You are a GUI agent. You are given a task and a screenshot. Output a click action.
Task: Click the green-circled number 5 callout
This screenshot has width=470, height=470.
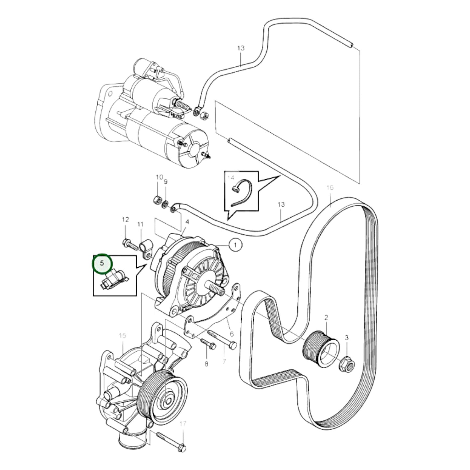(x=102, y=263)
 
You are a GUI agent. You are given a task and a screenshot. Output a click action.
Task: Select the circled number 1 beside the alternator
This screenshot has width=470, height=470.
(x=235, y=245)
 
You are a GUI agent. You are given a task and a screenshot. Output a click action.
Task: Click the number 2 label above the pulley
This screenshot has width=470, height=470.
(x=326, y=317)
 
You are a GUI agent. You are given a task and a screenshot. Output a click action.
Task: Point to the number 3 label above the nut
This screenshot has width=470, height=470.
(x=346, y=338)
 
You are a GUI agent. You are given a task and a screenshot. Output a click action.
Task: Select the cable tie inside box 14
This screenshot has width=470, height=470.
(x=242, y=193)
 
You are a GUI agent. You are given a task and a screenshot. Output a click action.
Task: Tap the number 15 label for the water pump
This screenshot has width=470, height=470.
(x=122, y=335)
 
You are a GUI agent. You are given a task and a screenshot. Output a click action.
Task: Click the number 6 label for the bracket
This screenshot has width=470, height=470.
(x=232, y=334)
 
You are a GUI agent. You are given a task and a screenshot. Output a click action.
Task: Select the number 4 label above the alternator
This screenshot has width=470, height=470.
(x=187, y=222)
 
